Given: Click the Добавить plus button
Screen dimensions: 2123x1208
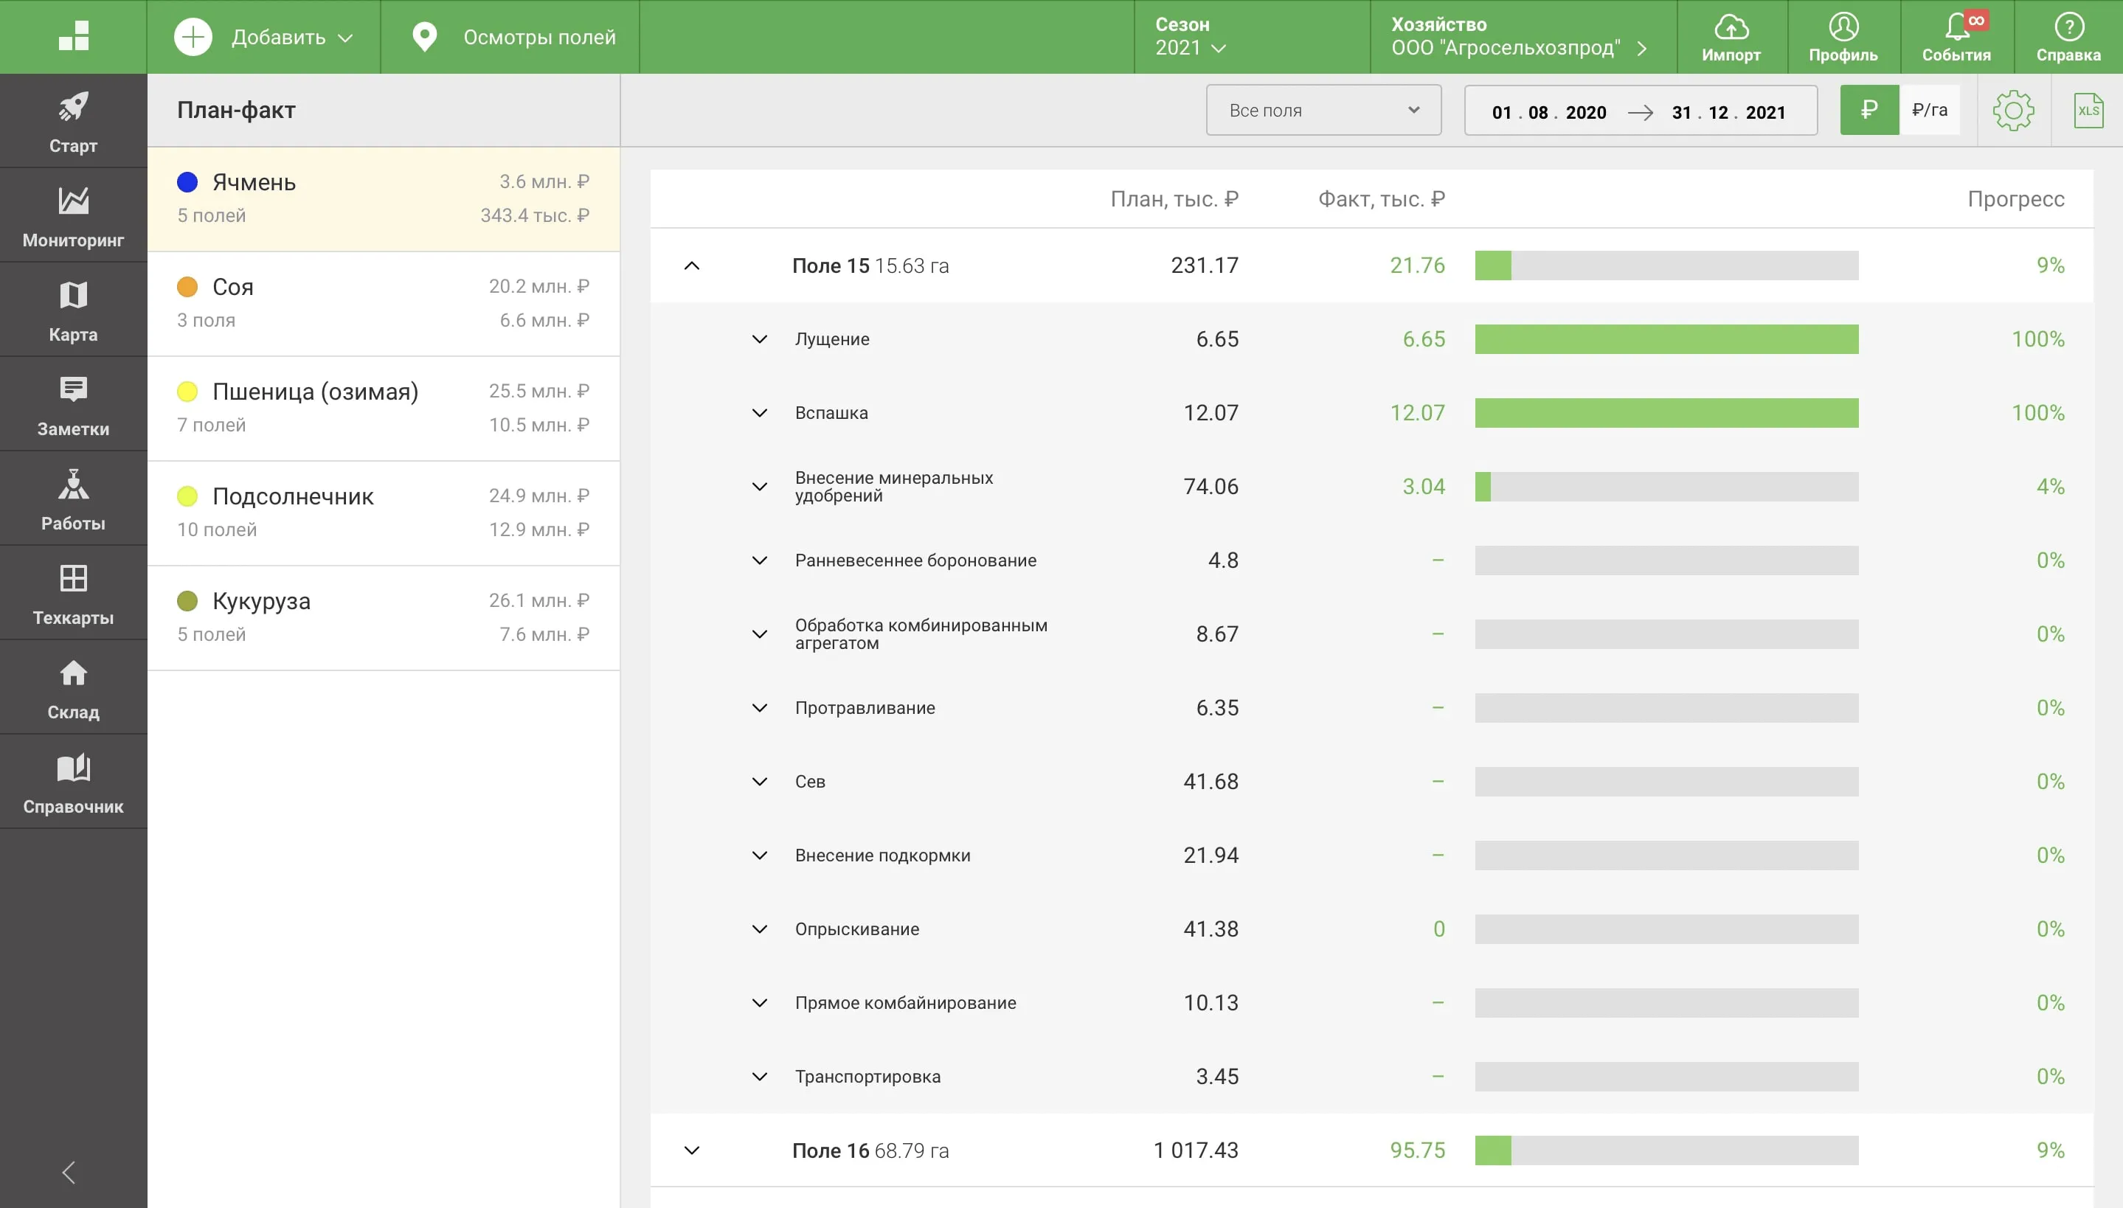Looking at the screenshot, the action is click(x=193, y=38).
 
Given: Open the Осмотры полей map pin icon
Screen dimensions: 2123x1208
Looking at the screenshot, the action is click(x=425, y=38).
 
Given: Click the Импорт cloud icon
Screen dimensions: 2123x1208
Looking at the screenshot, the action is click(x=1731, y=27).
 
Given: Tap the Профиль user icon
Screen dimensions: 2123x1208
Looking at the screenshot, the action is click(x=1843, y=27).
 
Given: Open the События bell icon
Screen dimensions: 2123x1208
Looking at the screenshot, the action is click(x=1957, y=27).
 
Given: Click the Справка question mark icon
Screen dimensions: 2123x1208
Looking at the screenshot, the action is click(x=2069, y=27).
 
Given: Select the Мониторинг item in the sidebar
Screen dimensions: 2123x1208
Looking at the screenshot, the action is click(x=73, y=215).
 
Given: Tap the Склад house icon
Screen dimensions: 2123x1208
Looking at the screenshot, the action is click(x=73, y=673).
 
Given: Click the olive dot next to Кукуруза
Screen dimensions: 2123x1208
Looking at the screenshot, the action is click(x=187, y=600).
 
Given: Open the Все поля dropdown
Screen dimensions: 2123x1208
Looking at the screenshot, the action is click(x=1323, y=111).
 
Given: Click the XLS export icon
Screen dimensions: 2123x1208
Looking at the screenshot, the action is click(x=2088, y=111).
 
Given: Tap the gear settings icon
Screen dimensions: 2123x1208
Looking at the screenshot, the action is click(x=2014, y=111).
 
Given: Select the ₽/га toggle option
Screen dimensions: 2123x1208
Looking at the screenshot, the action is click(x=1930, y=109).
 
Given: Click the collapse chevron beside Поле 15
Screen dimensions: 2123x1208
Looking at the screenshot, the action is click(x=692, y=265).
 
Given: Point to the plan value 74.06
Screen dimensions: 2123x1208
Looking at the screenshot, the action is click(x=1211, y=487).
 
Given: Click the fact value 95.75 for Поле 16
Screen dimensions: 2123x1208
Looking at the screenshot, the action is click(x=1417, y=1150).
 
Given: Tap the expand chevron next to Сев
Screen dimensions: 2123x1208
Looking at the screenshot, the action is click(x=759, y=782).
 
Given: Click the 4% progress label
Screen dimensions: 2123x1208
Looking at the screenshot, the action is click(x=2050, y=487).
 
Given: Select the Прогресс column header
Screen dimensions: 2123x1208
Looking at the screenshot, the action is click(x=2016, y=199).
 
